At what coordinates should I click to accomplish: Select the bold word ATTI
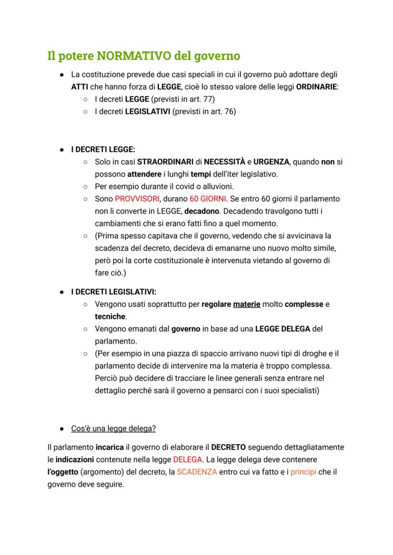point(80,87)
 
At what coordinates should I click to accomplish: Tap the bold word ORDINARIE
point(317,87)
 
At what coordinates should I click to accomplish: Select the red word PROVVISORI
point(137,198)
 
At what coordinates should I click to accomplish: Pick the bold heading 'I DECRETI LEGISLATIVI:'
point(113,292)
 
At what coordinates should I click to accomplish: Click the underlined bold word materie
point(246,304)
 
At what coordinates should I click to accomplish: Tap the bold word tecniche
point(110,316)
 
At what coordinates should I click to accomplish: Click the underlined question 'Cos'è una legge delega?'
point(113,428)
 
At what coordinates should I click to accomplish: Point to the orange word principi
point(303,472)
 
